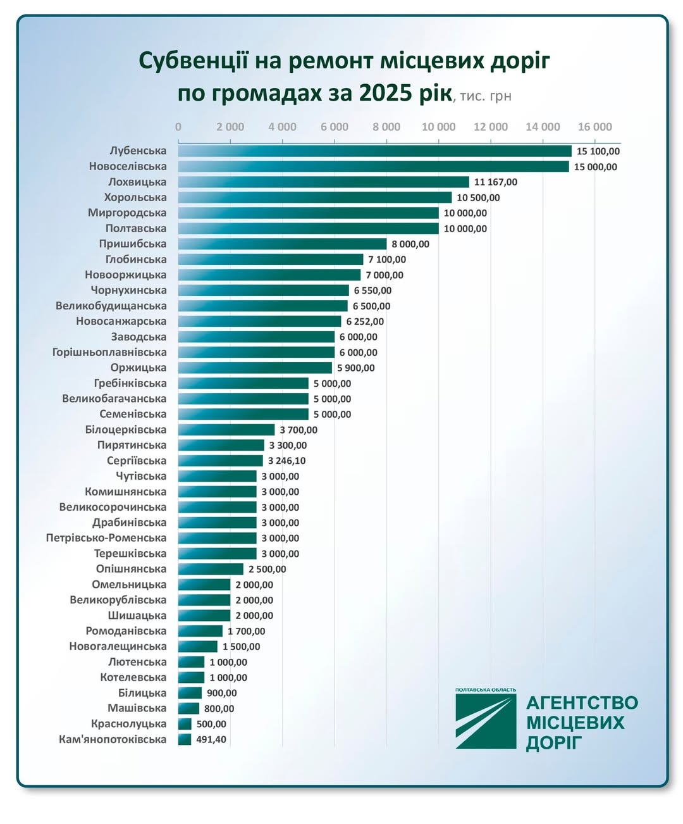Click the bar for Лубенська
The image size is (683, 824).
coord(374,151)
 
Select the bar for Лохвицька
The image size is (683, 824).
coord(323,182)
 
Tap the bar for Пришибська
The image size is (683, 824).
coord(282,244)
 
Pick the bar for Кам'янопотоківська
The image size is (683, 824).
coord(185,739)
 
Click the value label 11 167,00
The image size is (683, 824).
coord(495,182)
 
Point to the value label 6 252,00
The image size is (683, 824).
coord(365,321)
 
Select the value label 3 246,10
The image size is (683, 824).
coord(286,461)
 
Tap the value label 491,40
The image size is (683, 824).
coord(211,739)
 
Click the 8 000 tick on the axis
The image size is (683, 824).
coord(386,127)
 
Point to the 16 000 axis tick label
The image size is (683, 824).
coord(594,127)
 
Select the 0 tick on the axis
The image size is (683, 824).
coord(178,127)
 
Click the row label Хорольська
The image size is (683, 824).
coord(135,197)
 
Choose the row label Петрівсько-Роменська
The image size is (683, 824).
coord(106,538)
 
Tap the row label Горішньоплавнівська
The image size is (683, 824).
coord(109,352)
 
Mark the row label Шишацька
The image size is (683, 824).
coord(137,615)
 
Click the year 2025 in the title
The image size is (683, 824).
coord(385,93)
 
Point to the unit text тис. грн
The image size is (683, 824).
coord(485,96)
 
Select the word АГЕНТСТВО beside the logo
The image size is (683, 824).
coord(582,703)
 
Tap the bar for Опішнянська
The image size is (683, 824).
coord(211,569)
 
